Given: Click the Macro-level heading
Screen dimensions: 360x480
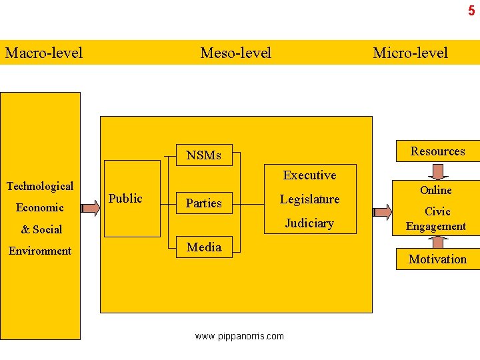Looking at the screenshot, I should pos(44,53).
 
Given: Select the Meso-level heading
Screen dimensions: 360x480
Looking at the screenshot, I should pos(236,53).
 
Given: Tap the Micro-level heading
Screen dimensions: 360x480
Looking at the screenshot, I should pos(410,53).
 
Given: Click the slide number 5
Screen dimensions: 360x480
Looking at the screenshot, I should pos(471,11).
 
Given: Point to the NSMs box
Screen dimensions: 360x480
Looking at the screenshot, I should pos(203,155).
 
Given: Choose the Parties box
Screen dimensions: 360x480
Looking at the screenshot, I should pos(203,203).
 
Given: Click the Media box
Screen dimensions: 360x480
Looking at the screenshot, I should pos(203,247).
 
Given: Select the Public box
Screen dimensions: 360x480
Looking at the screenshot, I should pos(125,199).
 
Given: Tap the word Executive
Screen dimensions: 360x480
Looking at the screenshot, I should pos(309,175).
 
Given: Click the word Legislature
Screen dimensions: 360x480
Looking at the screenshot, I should pos(309,199).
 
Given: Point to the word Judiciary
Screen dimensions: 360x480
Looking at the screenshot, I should pos(309,223).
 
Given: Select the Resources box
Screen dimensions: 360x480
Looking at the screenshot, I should pos(437,151).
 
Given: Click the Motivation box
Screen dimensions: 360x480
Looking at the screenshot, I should pos(437,259).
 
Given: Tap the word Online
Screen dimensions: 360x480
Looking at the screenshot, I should pos(436,190).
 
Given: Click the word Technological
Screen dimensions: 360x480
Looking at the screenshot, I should pos(40,186).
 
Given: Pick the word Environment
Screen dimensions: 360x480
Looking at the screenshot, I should pos(40,251).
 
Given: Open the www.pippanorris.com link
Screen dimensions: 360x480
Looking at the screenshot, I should pos(239,337).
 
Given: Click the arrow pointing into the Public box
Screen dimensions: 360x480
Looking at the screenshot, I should pos(91,209).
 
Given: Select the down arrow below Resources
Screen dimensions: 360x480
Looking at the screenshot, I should pos(438,172).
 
